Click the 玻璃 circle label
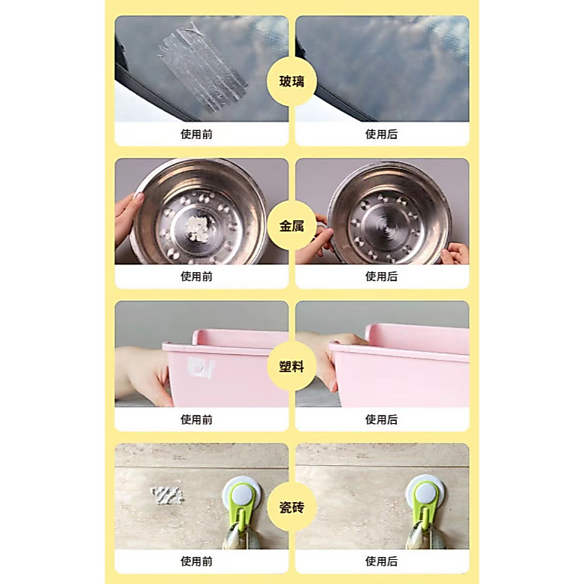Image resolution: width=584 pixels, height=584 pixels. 292,81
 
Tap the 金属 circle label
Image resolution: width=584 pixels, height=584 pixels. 292,225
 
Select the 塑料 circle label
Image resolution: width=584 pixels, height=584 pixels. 292,367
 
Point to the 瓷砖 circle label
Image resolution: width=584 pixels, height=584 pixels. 292,507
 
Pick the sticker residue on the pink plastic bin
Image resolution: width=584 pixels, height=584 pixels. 201,367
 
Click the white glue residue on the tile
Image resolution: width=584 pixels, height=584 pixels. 167,496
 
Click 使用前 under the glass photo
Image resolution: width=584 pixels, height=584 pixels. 196,134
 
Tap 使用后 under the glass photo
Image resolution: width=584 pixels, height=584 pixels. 381,134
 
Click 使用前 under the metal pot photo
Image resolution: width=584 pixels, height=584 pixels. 196,277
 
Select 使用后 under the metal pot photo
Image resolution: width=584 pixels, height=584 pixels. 381,277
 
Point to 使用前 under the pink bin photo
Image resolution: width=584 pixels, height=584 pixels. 196,419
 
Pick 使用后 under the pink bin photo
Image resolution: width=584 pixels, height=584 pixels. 381,419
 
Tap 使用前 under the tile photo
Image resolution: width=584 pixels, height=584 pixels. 196,561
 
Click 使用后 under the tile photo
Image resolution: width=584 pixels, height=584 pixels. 381,561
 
